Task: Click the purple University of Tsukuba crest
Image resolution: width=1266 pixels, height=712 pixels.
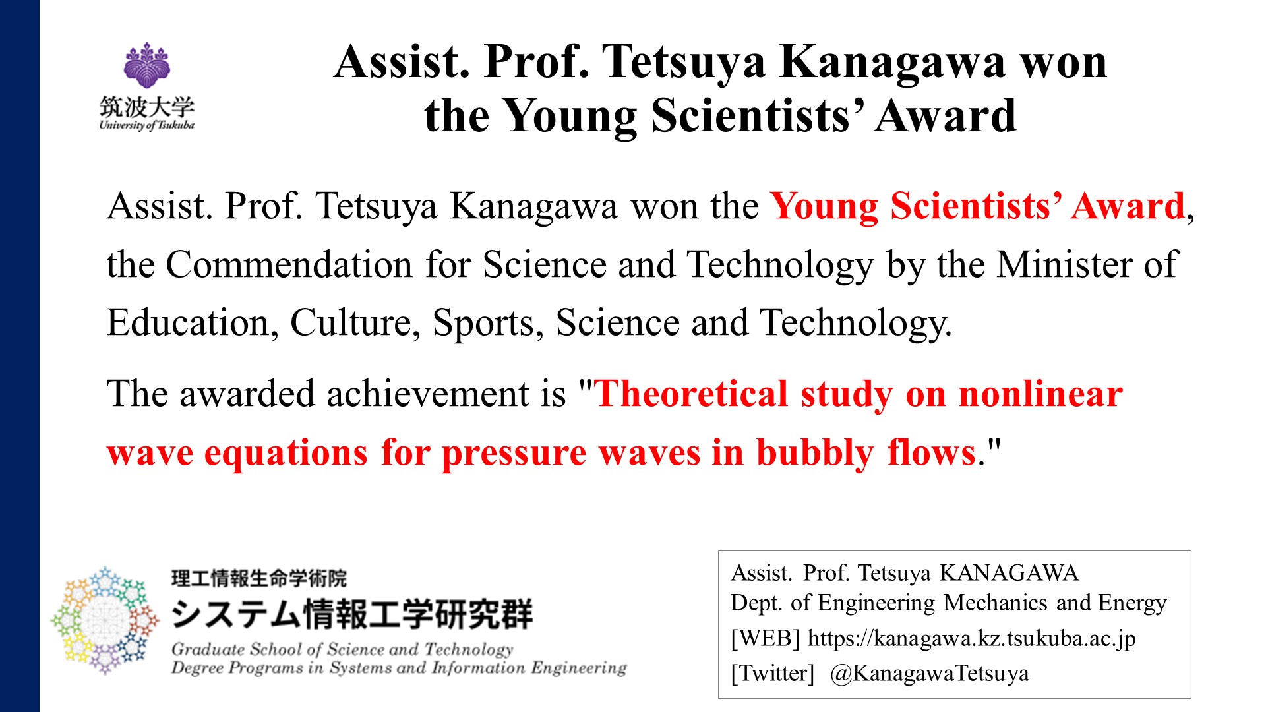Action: (147, 65)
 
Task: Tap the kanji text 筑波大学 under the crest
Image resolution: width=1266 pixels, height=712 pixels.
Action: (147, 106)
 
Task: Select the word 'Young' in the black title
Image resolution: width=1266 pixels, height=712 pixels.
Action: (570, 117)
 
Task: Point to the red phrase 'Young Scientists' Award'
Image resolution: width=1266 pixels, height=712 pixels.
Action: (978, 206)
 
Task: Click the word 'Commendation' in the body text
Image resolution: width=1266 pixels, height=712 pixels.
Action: (289, 265)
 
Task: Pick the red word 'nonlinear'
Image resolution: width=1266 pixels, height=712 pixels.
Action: (1040, 394)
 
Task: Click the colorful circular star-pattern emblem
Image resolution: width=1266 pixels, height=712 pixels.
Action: (105, 620)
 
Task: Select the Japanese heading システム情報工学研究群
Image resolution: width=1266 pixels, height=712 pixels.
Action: (351, 614)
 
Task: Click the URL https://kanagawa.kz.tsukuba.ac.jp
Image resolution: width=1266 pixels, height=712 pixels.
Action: (972, 639)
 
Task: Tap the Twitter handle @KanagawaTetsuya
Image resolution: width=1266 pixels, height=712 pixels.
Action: (930, 674)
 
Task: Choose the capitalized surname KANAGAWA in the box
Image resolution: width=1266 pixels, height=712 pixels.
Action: (1009, 573)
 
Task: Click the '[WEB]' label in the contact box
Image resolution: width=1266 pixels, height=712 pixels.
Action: (766, 639)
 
